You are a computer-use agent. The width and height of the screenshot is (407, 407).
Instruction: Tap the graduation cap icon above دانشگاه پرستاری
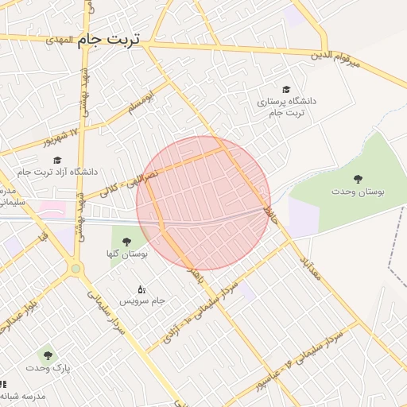click(x=286, y=90)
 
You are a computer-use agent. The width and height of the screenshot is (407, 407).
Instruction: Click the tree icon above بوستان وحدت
click(x=356, y=180)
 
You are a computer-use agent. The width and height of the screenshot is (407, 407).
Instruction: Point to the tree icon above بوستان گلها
click(x=126, y=242)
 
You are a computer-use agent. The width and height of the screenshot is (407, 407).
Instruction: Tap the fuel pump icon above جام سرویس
click(x=141, y=289)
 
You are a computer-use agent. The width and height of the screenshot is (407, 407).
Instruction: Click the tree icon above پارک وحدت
click(x=47, y=355)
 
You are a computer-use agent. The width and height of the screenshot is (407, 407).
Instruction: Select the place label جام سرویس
click(x=141, y=301)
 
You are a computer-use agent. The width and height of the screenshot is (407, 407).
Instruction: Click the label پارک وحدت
click(x=47, y=369)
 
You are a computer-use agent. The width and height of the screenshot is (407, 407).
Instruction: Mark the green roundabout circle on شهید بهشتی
click(x=76, y=269)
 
